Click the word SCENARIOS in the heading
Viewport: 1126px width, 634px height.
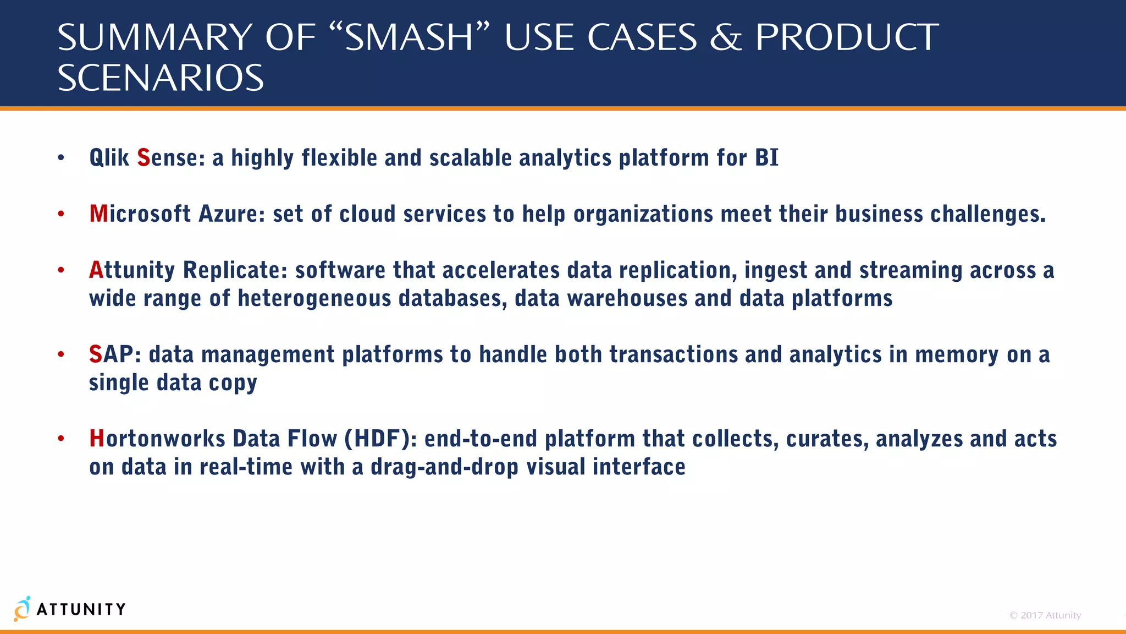tap(161, 78)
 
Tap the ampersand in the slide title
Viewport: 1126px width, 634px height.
tap(725, 38)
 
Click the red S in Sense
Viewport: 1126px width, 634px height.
tap(143, 158)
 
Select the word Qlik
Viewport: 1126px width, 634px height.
tap(109, 158)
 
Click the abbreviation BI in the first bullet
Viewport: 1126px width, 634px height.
tap(766, 158)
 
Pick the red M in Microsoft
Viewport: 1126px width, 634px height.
tap(98, 214)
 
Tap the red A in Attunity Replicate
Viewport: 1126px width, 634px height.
tap(96, 270)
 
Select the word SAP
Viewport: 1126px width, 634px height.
tap(111, 354)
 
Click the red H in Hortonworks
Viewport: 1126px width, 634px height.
tap(97, 439)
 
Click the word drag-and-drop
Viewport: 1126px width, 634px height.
tap(444, 467)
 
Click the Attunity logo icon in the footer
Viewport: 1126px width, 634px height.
tap(22, 609)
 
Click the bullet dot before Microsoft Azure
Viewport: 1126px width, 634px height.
tap(61, 214)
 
